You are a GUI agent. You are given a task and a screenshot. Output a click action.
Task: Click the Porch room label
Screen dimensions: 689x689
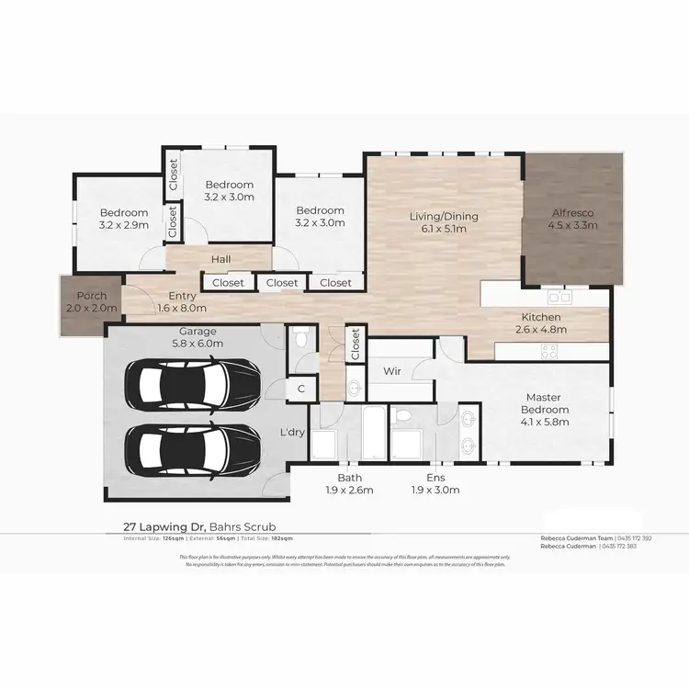click(x=92, y=302)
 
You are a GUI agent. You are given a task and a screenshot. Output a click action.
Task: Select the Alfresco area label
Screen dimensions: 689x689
click(x=573, y=218)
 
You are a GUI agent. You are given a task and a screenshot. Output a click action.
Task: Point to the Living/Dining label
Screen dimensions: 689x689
click(x=444, y=222)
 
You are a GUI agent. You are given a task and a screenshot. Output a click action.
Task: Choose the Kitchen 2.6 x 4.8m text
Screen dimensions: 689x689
click(x=537, y=323)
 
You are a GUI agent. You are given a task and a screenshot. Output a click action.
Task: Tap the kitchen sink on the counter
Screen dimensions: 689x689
click(x=559, y=297)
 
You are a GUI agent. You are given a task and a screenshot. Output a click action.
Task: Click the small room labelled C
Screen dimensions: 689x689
click(x=300, y=389)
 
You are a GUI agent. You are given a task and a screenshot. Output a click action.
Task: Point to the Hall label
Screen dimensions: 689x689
click(x=220, y=260)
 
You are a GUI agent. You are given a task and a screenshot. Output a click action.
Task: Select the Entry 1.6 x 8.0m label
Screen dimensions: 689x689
click(x=182, y=302)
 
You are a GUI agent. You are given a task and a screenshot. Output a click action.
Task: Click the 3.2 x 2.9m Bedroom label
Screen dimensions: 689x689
click(x=124, y=219)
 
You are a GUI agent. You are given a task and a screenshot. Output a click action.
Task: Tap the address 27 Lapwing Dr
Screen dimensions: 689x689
click(x=165, y=527)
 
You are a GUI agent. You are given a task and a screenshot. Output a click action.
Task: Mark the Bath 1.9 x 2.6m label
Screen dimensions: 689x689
click(x=349, y=484)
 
